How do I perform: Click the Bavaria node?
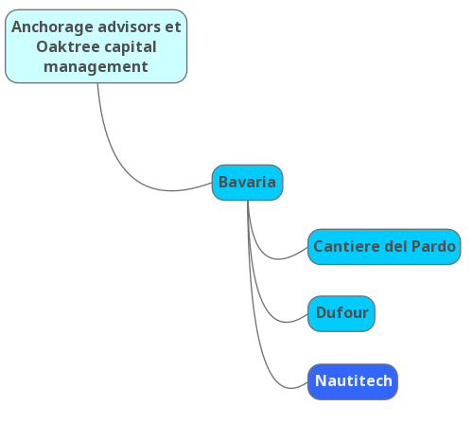247,183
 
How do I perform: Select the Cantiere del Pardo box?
384,247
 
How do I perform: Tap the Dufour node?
342,313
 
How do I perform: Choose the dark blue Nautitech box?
353,381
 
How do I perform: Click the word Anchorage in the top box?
53,27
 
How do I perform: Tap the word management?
96,67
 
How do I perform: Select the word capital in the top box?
131,47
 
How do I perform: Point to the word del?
396,246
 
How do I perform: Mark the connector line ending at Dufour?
259,293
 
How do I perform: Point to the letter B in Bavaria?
223,182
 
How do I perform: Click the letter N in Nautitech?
321,380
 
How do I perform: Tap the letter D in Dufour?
322,312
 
